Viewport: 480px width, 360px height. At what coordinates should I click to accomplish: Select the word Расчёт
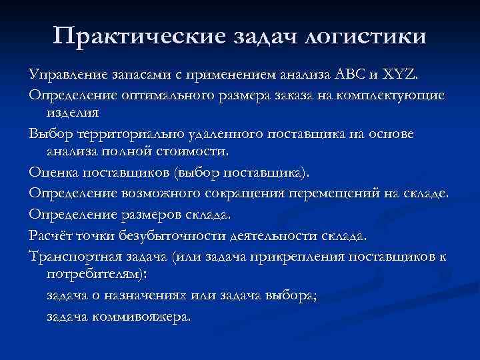(49, 235)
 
